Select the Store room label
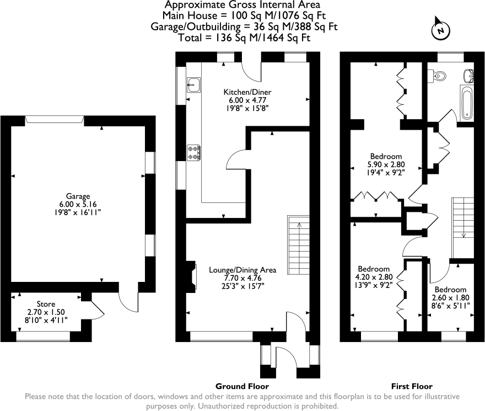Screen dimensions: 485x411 [46, 304]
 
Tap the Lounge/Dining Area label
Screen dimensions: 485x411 [242, 270]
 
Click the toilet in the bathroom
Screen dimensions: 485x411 [439, 76]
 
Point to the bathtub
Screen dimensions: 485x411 [466, 103]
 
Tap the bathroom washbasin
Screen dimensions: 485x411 [468, 74]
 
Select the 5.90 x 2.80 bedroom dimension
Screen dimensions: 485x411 [386, 164]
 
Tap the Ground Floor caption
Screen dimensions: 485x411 [242, 386]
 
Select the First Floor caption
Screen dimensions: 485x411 [412, 386]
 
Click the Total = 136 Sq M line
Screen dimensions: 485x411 [244, 38]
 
